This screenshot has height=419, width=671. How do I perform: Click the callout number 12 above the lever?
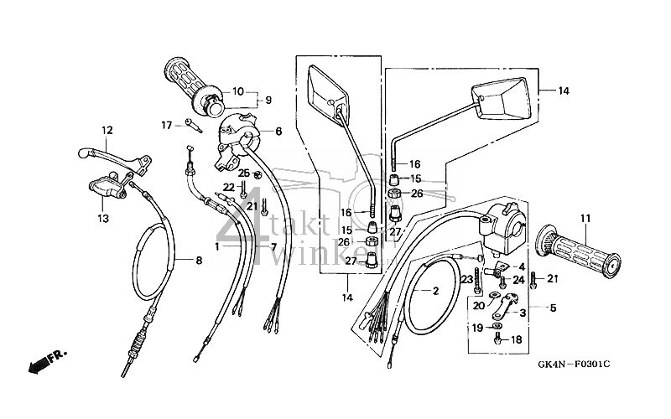coord(107,130)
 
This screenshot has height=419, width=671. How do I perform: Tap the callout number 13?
coord(104,219)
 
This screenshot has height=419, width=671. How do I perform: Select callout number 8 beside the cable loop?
coord(200,261)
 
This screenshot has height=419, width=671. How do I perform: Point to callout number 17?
coord(167,125)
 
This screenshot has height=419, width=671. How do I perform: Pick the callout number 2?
coord(436,291)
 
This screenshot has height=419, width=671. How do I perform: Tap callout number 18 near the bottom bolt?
coord(516,340)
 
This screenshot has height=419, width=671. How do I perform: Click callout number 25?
coord(243,173)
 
